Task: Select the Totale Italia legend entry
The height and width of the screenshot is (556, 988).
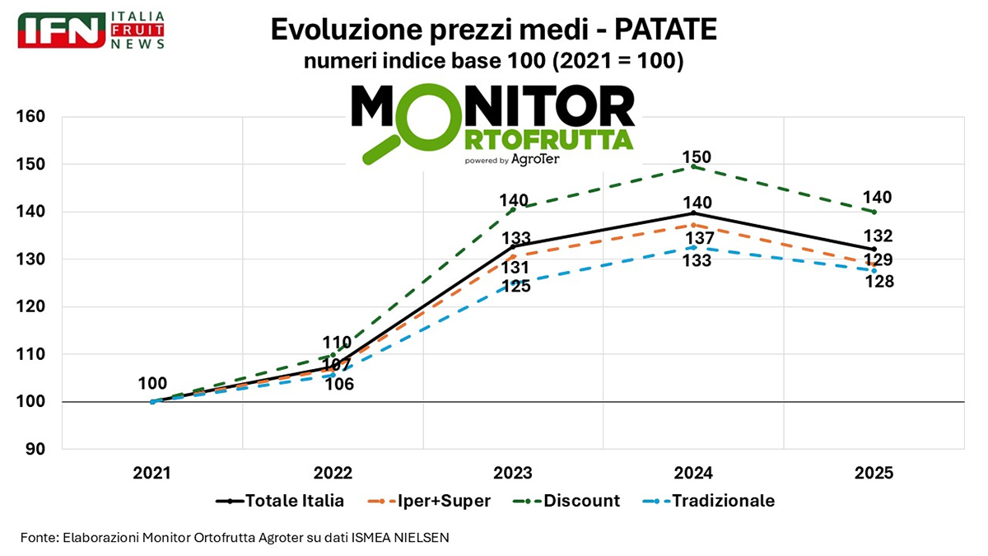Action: coord(280,501)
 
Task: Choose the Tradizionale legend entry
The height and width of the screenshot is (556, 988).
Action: coord(708,501)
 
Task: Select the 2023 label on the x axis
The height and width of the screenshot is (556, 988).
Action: coord(513,474)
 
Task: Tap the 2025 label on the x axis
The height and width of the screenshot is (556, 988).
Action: coord(874,474)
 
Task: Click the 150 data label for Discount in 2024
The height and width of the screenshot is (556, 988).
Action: coord(697,157)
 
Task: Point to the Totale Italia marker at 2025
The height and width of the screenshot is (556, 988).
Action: coord(874,250)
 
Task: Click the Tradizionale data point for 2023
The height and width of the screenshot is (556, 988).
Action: coord(513,283)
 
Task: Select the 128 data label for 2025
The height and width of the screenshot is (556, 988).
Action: coord(878,282)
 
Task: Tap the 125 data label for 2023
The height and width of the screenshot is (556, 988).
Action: coord(517,287)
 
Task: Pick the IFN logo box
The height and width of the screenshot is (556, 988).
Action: coord(62,30)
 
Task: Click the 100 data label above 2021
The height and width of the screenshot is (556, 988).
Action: coord(152,383)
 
